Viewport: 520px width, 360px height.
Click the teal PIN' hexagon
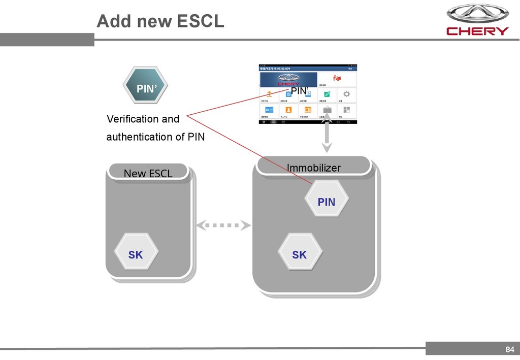pos(146,88)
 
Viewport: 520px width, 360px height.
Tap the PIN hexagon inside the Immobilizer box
pos(327,202)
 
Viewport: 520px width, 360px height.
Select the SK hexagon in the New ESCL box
pos(136,254)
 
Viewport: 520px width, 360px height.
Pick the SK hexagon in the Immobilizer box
pos(299,254)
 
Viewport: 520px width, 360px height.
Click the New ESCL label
pos(148,173)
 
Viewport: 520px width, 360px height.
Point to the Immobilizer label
pos(313,168)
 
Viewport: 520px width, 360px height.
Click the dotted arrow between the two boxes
pos(224,224)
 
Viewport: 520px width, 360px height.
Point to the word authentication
pos(145,137)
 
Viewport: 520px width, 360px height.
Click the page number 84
pos(509,349)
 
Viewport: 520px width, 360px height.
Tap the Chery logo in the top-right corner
pos(477,20)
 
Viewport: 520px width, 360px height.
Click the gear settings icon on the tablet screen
pos(346,94)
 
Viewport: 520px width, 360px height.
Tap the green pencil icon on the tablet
pos(328,94)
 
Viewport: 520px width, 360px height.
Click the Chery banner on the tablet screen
pos(288,79)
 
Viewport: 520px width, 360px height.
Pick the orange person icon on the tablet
pos(288,109)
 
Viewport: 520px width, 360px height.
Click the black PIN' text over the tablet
pos(300,91)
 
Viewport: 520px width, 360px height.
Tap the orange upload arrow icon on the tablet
pos(269,94)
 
